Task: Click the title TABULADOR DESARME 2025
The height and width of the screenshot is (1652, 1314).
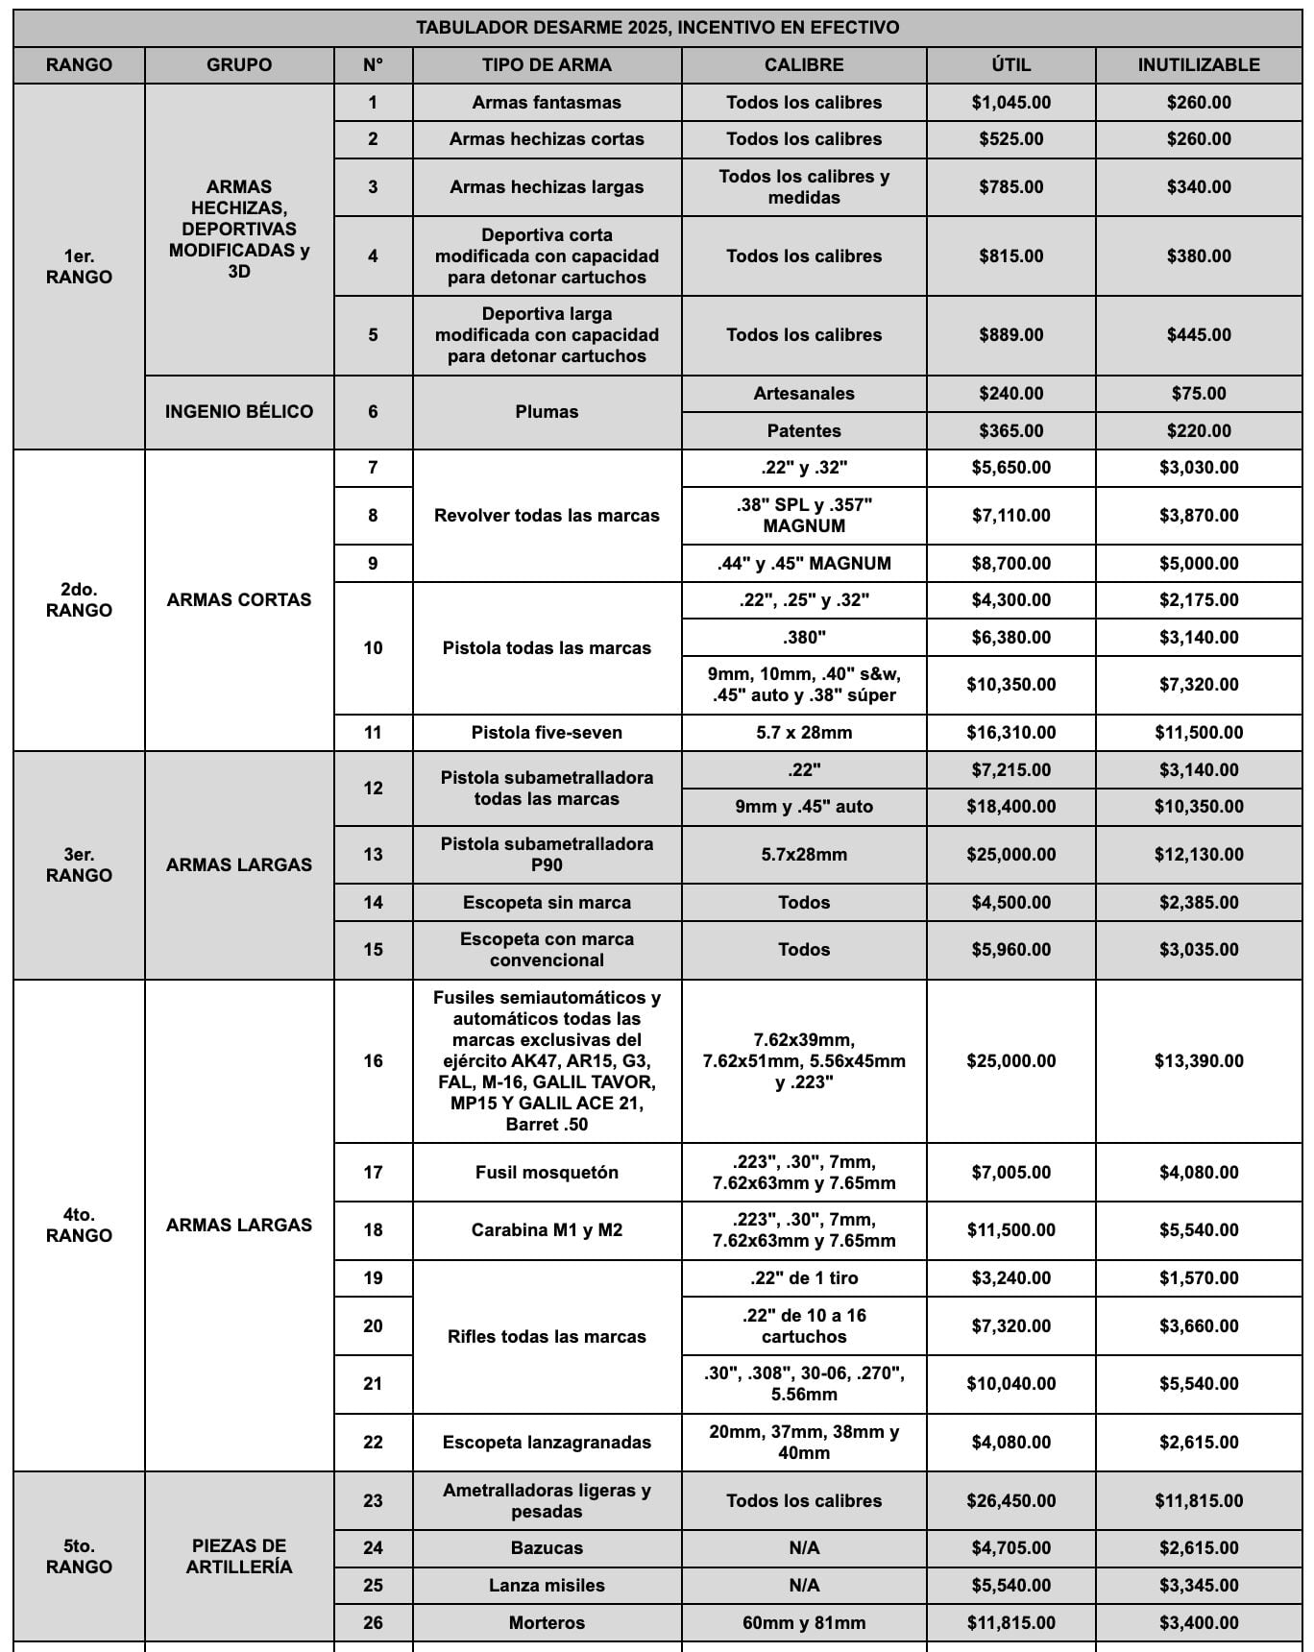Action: [x=657, y=28]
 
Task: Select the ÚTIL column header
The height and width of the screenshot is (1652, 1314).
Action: [x=1010, y=65]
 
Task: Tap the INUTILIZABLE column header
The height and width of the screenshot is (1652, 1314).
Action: [x=1198, y=65]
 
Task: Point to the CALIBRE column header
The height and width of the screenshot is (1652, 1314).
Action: [x=804, y=65]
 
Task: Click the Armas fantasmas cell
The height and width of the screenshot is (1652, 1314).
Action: [x=547, y=103]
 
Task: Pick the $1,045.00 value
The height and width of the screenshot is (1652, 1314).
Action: [x=1010, y=103]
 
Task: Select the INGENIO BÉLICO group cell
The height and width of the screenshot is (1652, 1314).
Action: [x=239, y=412]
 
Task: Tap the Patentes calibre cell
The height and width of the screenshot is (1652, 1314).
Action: [x=804, y=431]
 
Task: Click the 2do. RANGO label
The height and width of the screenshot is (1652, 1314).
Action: [x=79, y=600]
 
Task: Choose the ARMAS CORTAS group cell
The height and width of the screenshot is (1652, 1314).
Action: [x=239, y=600]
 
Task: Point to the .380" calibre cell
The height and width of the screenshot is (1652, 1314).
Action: [x=804, y=638]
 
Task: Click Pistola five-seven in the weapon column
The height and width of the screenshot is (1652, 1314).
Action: [x=547, y=733]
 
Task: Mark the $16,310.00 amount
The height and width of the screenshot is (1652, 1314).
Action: [x=1010, y=733]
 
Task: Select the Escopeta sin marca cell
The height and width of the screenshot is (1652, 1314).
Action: [x=547, y=903]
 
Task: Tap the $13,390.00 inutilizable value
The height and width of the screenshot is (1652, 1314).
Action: [x=1198, y=1061]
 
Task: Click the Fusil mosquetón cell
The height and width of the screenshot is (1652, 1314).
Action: [x=547, y=1173]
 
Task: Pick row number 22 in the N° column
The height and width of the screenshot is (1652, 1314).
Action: [x=373, y=1443]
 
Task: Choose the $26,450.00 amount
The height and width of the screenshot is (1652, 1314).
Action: [x=1010, y=1501]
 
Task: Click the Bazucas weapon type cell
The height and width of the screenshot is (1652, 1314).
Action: [x=547, y=1548]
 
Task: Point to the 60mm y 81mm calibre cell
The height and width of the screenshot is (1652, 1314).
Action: [x=804, y=1623]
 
